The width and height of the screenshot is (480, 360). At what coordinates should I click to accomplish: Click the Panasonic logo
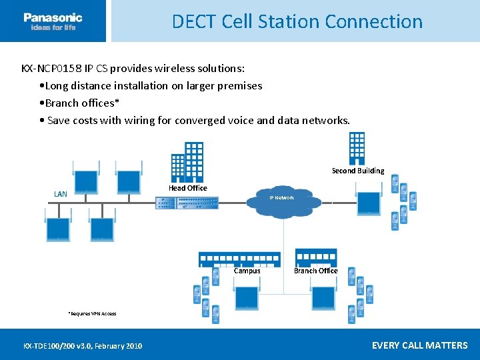tap(53, 21)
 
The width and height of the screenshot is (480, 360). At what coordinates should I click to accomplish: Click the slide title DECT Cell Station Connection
tap(297, 21)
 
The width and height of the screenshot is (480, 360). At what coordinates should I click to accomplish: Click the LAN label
tap(61, 194)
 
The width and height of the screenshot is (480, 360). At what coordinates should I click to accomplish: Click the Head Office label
tap(187, 188)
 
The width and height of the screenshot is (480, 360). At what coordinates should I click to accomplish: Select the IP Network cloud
tap(283, 199)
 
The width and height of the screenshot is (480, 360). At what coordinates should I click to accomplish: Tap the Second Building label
tap(358, 171)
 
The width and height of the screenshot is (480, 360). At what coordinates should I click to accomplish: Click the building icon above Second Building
tap(357, 148)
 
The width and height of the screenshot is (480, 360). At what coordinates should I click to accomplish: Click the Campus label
tap(247, 271)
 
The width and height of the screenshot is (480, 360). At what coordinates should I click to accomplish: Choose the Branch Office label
tap(316, 271)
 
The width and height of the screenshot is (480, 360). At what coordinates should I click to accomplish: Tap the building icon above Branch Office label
tap(316, 257)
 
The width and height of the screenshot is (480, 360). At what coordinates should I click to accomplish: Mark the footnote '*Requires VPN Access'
tap(92, 313)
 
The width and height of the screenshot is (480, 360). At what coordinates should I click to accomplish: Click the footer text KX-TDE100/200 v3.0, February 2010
tap(83, 345)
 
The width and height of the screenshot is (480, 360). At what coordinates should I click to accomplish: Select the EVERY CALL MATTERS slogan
tap(419, 345)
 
